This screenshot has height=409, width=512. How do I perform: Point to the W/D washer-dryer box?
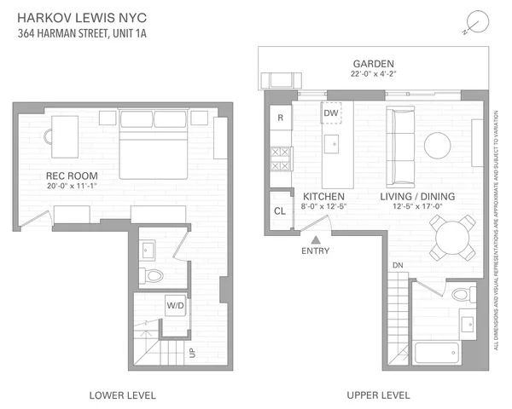click(176, 304)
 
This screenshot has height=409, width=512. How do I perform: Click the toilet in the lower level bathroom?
click(154, 274)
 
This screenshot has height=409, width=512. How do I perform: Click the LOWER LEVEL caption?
click(122, 395)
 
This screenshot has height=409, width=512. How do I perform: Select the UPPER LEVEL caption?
click(377, 395)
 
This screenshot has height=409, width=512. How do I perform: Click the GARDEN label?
click(374, 64)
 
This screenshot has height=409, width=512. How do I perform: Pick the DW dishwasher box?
click(332, 112)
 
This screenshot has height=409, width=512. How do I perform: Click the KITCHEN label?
click(323, 197)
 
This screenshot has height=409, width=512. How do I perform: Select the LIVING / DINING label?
click(417, 197)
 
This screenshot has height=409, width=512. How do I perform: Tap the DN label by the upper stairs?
click(397, 266)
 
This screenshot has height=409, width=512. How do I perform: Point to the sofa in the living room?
click(399, 146)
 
